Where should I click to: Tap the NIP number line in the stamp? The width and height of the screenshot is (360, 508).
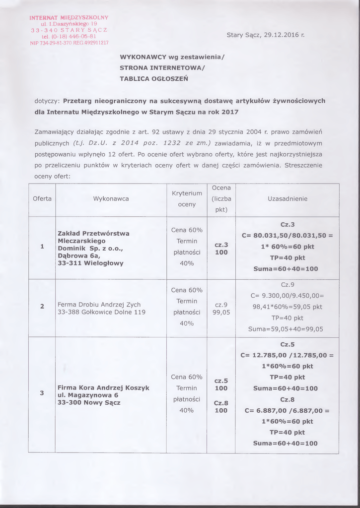tap(69, 43)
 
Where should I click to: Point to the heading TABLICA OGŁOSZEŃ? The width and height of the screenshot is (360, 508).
tap(153, 78)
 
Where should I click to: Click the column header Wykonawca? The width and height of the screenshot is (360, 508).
tap(111, 199)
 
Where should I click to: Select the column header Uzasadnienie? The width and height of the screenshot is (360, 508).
tap(288, 199)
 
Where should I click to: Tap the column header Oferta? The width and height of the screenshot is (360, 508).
tap(42, 199)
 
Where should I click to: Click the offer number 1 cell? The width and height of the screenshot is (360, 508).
tap(42, 247)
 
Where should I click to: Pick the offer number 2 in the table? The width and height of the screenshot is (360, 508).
tap(42, 306)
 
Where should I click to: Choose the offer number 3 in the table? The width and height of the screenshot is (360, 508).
tap(42, 393)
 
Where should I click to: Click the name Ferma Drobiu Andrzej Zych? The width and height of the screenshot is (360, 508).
tap(99, 305)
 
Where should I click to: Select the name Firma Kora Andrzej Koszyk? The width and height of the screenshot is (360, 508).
tap(103, 387)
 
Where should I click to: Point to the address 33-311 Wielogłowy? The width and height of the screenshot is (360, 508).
tap(90, 263)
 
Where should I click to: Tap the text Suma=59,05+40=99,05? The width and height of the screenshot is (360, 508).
tap(286, 329)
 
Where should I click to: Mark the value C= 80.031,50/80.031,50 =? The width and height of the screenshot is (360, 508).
tap(287, 236)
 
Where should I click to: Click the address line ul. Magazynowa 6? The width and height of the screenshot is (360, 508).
tap(88, 395)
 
